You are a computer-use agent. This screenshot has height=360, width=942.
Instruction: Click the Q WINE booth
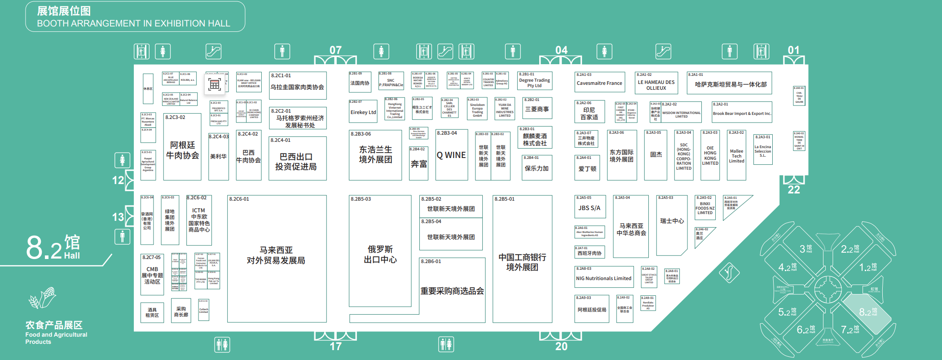point(451,155)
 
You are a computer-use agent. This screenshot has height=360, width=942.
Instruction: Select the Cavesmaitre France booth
point(599,83)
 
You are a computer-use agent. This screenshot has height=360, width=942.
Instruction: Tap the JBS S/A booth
point(589,208)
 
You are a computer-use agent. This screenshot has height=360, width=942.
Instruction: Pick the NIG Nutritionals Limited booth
point(603,278)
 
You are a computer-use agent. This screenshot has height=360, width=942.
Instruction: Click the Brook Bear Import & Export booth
point(742,113)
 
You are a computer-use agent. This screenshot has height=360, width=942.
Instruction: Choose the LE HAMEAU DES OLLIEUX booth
point(656,84)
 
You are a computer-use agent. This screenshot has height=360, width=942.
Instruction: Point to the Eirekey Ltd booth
point(363,112)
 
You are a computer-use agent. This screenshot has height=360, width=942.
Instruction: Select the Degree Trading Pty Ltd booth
point(534,82)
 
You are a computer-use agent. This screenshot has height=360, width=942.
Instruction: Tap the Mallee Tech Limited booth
point(736,156)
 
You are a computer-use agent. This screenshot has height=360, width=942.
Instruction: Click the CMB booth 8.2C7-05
point(152,275)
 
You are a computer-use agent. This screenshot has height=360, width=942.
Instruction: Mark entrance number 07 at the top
point(335,50)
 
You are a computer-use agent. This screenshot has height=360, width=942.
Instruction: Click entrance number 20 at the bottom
point(561,346)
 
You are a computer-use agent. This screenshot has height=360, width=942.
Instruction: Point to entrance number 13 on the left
point(118,217)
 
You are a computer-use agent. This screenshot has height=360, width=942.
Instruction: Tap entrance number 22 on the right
point(793,189)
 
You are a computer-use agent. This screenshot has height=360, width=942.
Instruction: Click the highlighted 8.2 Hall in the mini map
point(867,312)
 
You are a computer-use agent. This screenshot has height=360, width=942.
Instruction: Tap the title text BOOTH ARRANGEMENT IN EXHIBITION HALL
point(133,23)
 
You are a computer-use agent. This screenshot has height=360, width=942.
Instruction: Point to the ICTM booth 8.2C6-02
point(199,220)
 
